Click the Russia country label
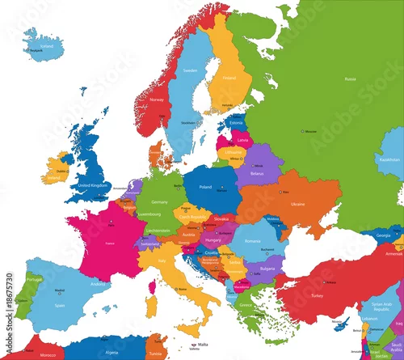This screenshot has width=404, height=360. tap(349, 79)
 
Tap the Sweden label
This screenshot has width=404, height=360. tap(191, 70)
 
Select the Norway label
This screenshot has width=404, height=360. tap(157, 100)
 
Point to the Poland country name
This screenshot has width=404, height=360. tap(205, 187)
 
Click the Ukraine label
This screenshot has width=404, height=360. tap(297, 204)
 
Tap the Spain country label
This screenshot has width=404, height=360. tap(59, 305)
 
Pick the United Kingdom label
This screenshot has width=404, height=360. tap(91, 185)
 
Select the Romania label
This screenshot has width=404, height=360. tap(252, 241)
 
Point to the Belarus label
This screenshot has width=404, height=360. tap(257, 173)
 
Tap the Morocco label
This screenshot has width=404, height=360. tap(48, 354)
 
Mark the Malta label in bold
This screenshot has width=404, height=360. tap(192, 343)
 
